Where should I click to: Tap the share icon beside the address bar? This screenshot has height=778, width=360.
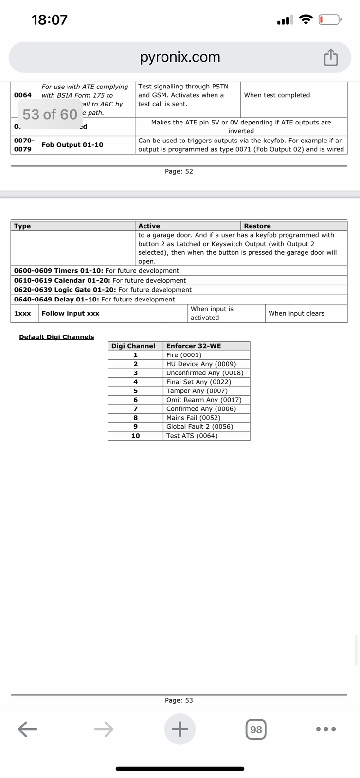[x=330, y=57]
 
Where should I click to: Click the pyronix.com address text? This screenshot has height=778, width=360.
[x=180, y=57]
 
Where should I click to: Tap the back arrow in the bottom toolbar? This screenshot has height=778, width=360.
[x=28, y=729]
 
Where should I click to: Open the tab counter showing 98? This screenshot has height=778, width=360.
[x=256, y=729]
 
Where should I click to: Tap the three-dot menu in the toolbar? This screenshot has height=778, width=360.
[x=325, y=729]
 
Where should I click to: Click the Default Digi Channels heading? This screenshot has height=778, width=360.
[x=56, y=337]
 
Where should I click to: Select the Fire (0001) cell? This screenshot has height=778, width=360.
[x=184, y=355]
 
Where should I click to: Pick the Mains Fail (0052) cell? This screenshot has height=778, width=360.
[x=193, y=418]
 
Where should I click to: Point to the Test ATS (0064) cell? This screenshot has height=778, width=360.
[x=192, y=436]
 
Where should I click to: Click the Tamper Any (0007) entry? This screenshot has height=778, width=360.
[x=197, y=391]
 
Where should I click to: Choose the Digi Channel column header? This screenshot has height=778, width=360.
[x=133, y=346]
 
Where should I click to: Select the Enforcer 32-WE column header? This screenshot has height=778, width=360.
[x=194, y=346]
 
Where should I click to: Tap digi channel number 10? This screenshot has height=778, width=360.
[x=135, y=436]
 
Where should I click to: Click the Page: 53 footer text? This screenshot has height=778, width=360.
[x=179, y=700]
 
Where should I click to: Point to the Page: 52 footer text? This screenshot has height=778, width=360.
[x=179, y=171]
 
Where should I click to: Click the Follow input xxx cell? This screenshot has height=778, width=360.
[x=71, y=313]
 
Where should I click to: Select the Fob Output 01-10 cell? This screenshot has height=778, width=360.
[x=72, y=145]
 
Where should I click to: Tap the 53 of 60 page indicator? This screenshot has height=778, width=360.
[x=50, y=114]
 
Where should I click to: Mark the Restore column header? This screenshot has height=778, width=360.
[x=257, y=226]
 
